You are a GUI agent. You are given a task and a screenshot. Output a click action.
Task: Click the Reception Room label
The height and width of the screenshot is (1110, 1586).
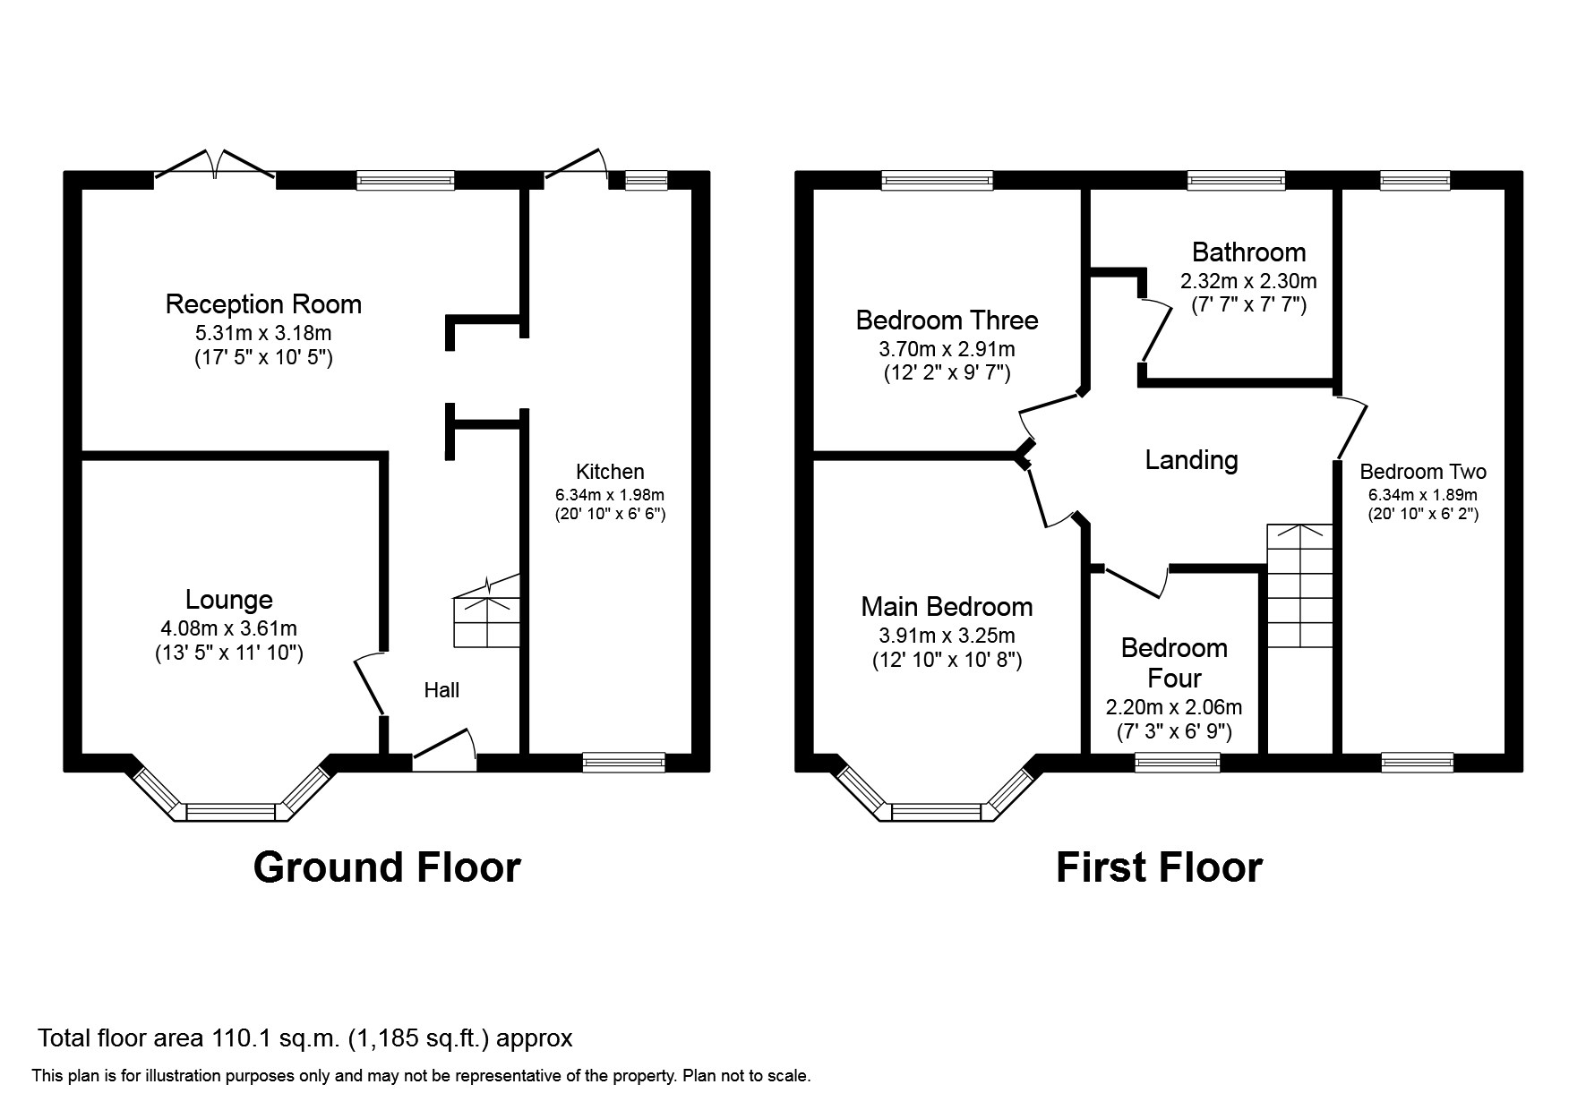263,304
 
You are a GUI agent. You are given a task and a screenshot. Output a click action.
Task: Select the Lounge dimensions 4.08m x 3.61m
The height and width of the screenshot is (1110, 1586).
228,629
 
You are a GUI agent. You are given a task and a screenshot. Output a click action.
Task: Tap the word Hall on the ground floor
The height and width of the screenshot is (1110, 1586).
442,690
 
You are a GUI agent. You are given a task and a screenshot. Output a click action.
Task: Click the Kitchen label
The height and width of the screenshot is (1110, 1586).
609,472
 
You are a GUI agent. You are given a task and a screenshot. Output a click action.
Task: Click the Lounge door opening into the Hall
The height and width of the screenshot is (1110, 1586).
370,685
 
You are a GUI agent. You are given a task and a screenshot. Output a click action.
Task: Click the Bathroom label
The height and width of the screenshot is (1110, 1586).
1247,252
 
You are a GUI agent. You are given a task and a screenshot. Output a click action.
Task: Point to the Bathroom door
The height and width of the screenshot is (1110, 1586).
1157,331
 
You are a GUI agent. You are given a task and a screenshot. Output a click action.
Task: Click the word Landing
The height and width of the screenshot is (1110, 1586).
1191,460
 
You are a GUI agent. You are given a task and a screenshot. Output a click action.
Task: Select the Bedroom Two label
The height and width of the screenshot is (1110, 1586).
1422,472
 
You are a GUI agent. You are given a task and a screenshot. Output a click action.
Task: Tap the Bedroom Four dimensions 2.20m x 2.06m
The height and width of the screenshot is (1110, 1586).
1173,708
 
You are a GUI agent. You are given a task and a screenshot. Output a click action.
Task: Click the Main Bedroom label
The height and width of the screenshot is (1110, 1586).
947,607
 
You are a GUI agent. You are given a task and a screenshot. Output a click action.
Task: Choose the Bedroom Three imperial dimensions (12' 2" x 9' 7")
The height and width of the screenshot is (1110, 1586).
947,372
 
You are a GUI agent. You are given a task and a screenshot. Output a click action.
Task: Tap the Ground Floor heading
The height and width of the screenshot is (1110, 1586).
386,867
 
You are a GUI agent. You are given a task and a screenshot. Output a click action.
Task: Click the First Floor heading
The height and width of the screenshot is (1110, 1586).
1159,867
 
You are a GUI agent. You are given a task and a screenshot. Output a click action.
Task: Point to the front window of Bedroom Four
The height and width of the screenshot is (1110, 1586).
1177,763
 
